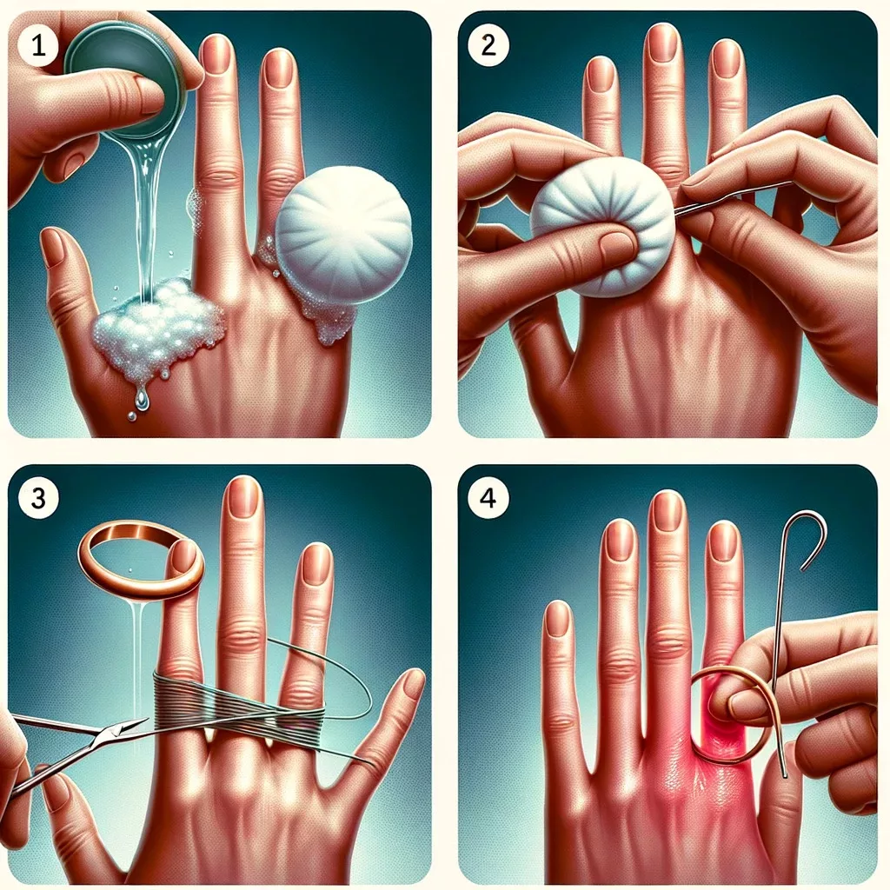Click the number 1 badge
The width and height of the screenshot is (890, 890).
tap(38, 45)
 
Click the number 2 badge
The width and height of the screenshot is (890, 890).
tap(488, 45)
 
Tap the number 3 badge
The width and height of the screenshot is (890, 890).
tap(38, 498)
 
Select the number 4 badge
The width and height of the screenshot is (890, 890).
tap(488, 498)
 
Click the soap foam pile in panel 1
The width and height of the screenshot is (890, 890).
tap(156, 327)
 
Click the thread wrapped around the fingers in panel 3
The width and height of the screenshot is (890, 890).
tap(238, 701)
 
